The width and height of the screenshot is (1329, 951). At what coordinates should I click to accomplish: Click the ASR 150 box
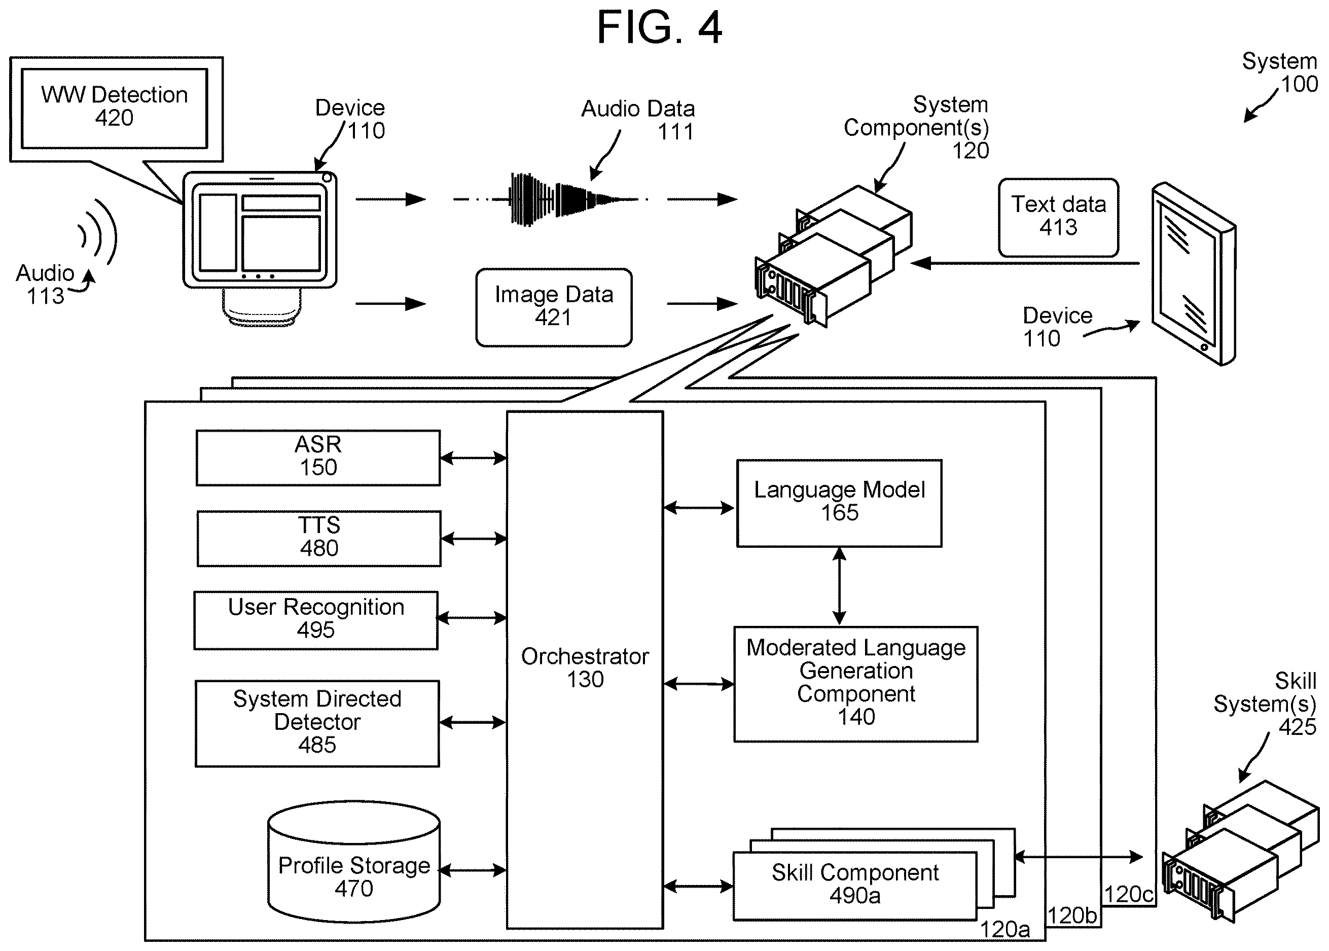tap(318, 458)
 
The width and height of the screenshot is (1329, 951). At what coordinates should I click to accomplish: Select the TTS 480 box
tap(319, 539)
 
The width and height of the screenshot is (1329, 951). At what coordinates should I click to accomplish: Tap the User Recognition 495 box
tap(316, 620)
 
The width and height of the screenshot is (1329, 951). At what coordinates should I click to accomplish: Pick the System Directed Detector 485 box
tap(317, 723)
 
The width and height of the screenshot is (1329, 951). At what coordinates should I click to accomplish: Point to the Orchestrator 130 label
tap(585, 667)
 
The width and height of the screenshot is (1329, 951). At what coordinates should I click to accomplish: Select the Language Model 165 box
tap(839, 503)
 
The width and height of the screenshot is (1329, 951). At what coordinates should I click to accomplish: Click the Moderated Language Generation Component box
tap(856, 684)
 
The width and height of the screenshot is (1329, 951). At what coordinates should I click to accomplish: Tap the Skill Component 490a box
tap(855, 886)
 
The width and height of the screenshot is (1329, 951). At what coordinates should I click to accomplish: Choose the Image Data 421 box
tap(554, 307)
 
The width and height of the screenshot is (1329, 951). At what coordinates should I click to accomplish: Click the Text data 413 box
tap(1059, 217)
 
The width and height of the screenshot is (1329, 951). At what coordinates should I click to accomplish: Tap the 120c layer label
tap(1129, 894)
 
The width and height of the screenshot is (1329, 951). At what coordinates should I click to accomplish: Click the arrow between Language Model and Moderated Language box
tap(839, 586)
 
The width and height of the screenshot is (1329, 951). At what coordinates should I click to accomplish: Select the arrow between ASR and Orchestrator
tap(473, 458)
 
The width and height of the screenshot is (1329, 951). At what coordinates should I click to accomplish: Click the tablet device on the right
tap(1193, 274)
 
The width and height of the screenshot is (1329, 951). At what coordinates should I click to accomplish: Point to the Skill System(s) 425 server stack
tap(1240, 852)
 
